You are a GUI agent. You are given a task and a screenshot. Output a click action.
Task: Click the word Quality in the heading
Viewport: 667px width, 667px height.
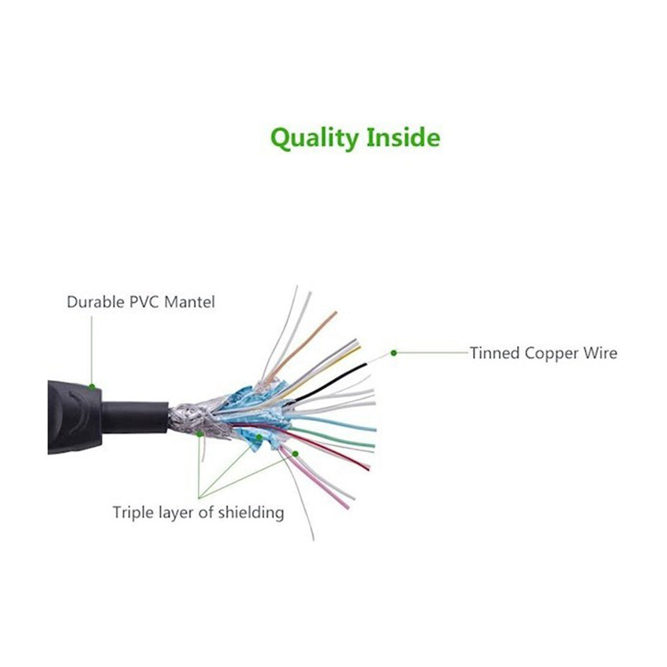click(314, 138)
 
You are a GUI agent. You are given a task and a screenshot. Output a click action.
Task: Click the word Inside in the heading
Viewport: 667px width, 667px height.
click(403, 137)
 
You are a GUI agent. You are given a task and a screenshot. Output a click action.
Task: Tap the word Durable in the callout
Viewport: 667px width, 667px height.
click(95, 302)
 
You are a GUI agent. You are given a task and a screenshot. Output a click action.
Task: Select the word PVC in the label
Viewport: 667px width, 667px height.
click(145, 302)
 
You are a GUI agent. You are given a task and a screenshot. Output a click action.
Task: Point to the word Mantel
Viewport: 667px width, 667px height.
click(189, 302)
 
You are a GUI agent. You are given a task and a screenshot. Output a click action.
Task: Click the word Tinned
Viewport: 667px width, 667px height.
click(495, 353)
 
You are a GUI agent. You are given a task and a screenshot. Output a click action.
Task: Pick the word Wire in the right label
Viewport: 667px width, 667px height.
click(600, 353)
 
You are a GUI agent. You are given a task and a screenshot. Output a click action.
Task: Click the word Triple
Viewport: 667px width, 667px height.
click(133, 512)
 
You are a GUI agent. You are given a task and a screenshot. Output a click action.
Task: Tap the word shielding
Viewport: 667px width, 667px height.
click(251, 512)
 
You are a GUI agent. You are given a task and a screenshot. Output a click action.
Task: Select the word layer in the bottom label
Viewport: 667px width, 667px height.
click(176, 514)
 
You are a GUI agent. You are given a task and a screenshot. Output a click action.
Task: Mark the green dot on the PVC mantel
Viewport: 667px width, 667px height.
click(92, 387)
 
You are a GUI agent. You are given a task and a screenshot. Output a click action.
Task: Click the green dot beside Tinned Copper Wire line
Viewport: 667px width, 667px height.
click(394, 353)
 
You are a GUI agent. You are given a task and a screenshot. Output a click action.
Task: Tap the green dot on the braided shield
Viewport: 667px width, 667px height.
click(199, 434)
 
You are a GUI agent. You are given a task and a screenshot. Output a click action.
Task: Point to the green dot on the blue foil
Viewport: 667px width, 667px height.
click(259, 437)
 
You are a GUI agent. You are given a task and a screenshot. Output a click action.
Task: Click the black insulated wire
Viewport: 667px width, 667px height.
click(330, 382)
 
